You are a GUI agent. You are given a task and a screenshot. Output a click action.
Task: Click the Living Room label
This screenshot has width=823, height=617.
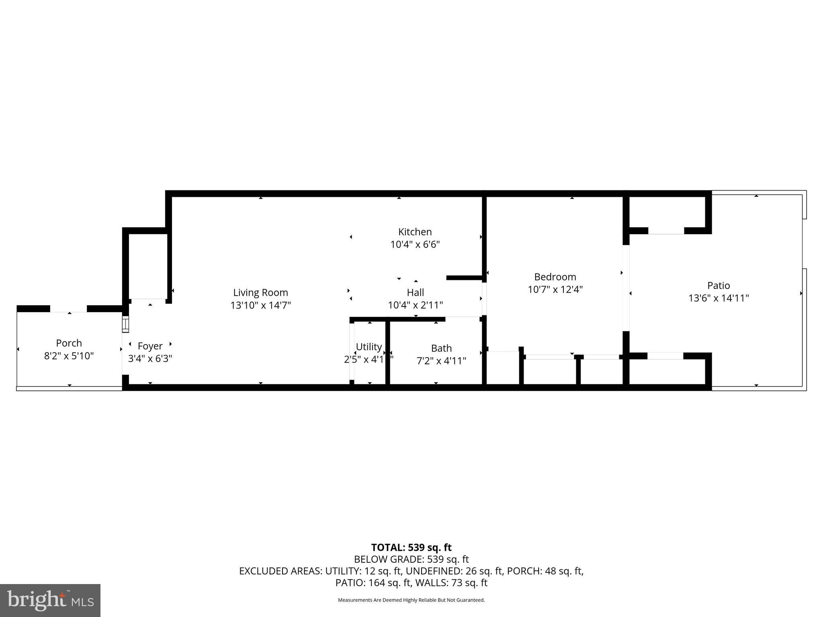coord(260,292)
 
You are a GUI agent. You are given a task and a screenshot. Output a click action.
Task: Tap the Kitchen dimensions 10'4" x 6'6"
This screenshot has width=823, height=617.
coord(415,244)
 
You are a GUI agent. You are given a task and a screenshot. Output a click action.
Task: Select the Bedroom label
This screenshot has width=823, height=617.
coord(555,277)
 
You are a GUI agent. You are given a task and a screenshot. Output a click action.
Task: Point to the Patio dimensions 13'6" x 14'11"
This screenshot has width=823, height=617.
coord(719,298)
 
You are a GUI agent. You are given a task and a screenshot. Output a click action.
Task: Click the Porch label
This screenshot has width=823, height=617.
coord(69,343)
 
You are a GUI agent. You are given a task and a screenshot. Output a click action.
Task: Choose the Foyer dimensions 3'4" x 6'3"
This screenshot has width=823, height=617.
coord(150,358)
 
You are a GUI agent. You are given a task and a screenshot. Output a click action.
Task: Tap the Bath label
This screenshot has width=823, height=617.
coord(441,348)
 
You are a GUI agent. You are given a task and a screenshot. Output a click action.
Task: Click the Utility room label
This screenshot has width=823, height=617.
coord(369,347)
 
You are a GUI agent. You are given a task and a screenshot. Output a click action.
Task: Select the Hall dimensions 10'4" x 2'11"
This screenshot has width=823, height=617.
coord(415,305)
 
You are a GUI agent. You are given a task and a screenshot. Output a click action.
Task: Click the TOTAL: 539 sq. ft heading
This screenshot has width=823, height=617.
coord(411,548)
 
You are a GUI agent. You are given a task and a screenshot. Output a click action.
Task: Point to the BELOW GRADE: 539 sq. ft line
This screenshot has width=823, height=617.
coord(411,559)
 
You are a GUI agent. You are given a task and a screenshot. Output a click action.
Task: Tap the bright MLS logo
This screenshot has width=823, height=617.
coord(50,601)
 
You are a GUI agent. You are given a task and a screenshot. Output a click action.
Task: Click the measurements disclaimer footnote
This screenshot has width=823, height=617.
coord(411,600)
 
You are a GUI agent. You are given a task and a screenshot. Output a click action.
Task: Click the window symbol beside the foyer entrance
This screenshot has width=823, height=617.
coord(125,324)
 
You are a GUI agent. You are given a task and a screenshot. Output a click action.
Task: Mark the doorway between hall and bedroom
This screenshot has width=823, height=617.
coord(484,299)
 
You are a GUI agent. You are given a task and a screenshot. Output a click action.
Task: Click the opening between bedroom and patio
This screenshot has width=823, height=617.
coord(626,288)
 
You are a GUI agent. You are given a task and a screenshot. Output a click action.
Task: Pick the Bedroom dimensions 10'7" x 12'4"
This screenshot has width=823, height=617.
coord(555,289)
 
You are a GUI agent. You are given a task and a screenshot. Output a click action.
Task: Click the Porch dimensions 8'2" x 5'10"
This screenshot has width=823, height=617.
coord(69,356)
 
